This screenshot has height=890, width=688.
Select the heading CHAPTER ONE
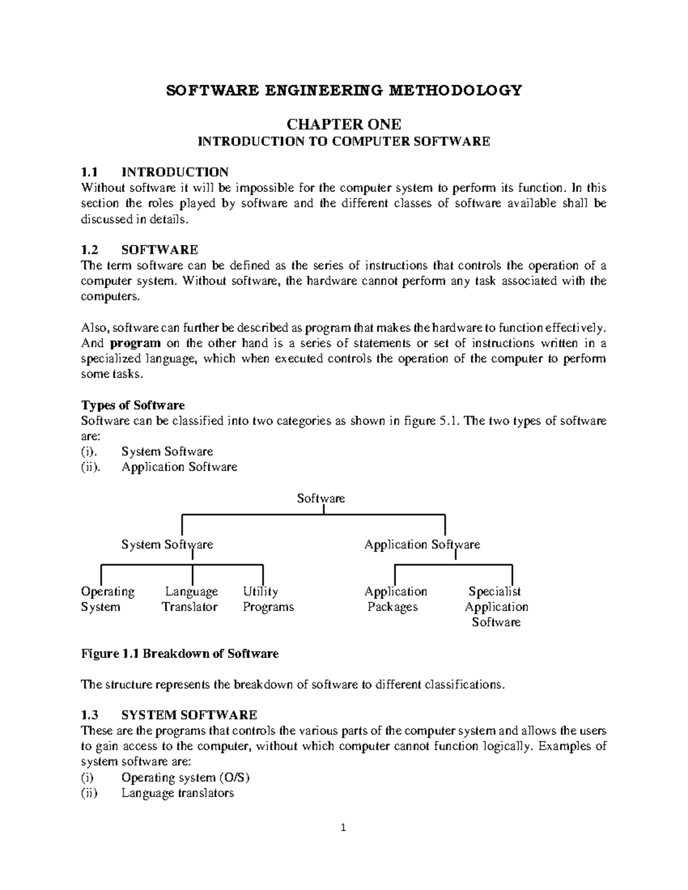pyautogui.click(x=343, y=124)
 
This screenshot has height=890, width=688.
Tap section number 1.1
pyautogui.click(x=90, y=172)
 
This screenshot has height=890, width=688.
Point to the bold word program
pyautogui.click(x=135, y=343)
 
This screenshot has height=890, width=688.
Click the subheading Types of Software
pyautogui.click(x=133, y=406)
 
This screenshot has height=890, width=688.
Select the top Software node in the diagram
pyautogui.click(x=320, y=499)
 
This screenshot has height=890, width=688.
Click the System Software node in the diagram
pyautogui.click(x=167, y=544)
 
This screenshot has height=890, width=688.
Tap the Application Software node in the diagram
pyautogui.click(x=422, y=544)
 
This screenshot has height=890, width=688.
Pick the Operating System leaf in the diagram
pyautogui.click(x=107, y=599)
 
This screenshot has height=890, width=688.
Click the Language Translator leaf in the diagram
pyautogui.click(x=190, y=599)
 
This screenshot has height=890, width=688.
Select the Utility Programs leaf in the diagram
pyautogui.click(x=267, y=599)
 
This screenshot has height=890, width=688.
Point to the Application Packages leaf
pyautogui.click(x=395, y=599)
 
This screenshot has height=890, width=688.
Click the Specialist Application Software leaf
pyautogui.click(x=496, y=606)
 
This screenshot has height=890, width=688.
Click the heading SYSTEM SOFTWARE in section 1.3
pyautogui.click(x=189, y=715)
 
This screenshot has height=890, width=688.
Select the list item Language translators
pyautogui.click(x=178, y=793)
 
